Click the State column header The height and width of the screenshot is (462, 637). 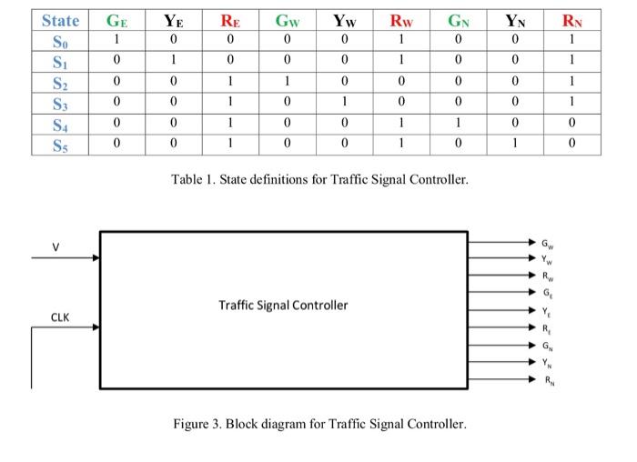[x=60, y=20]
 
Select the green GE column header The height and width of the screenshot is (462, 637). [x=116, y=20]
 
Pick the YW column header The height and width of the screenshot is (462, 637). [x=345, y=20]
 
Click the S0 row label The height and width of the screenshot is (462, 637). [x=60, y=41]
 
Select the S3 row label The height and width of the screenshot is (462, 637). [x=60, y=103]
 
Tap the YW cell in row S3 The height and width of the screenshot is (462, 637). [x=345, y=103]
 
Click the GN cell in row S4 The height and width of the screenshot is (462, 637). [x=460, y=123]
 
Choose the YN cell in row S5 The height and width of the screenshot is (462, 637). [x=516, y=143]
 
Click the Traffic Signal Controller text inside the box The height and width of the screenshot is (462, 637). [x=283, y=305]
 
